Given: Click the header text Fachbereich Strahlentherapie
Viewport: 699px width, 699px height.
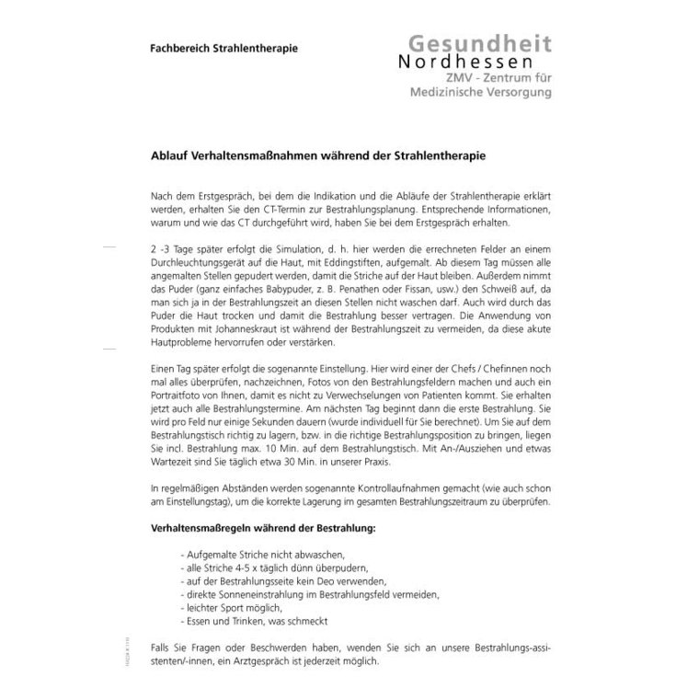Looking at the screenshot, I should (223, 47).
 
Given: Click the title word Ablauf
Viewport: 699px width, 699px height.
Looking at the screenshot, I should (170, 157).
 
